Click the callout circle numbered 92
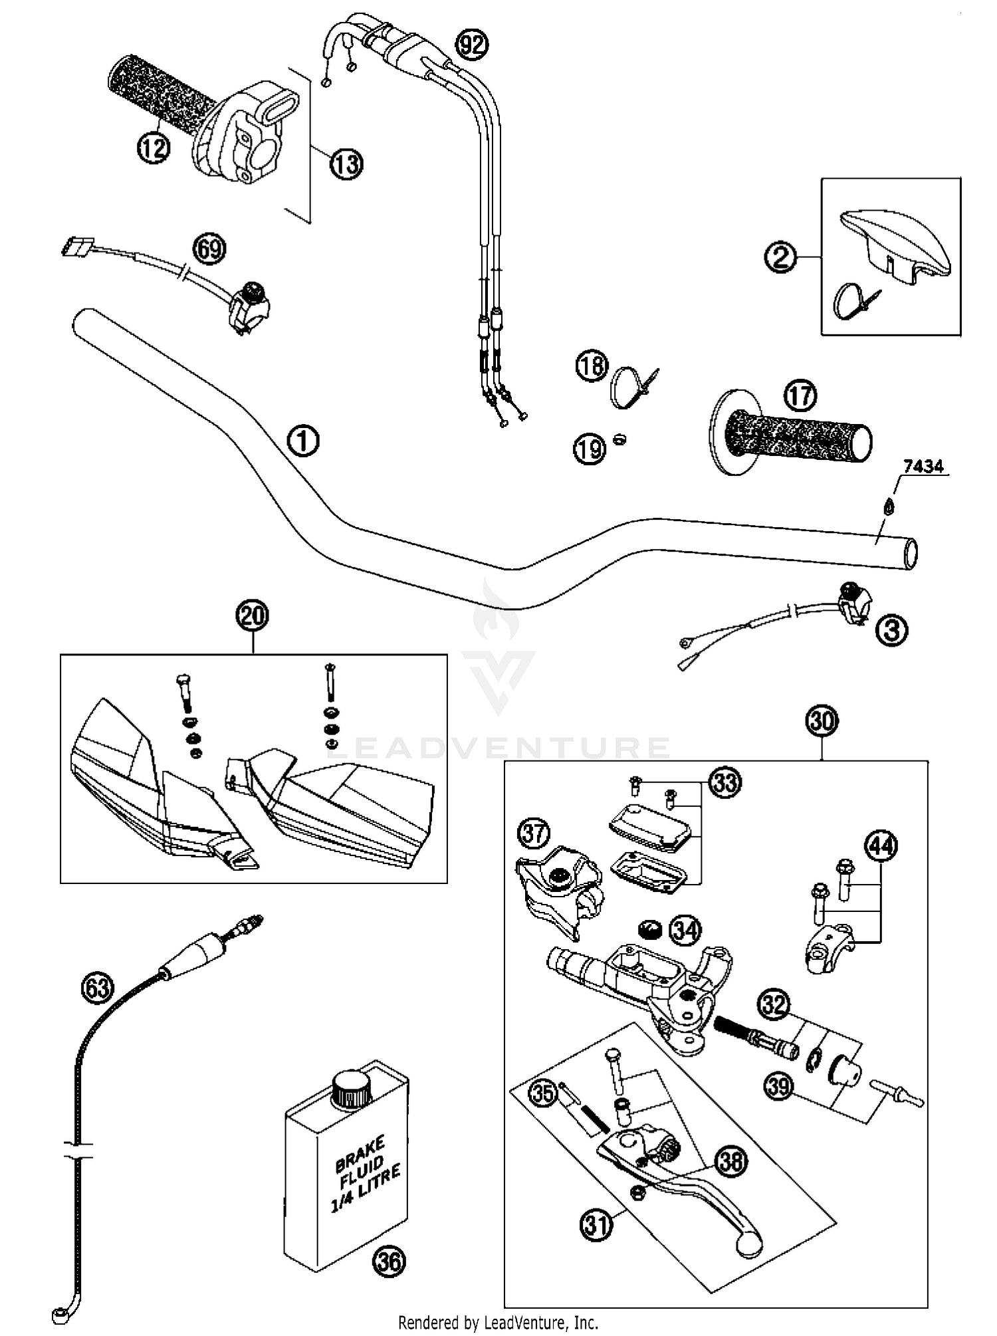coord(471,46)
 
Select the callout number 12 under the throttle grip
coord(153,148)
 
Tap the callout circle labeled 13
coord(346,164)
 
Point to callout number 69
coord(209,250)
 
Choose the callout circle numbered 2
coord(780,257)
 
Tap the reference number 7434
coord(924,467)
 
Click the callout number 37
coord(534,834)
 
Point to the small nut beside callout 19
coord(619,439)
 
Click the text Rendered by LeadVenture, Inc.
coord(498,1323)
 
